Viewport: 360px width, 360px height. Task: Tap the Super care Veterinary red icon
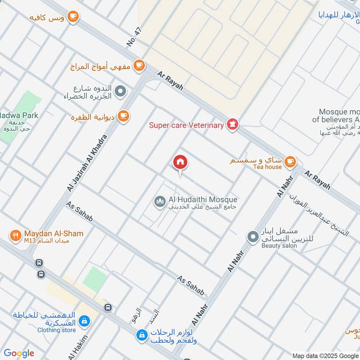pyautogui.click(x=232, y=125)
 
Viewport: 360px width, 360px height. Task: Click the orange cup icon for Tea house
pyautogui.click(x=290, y=161)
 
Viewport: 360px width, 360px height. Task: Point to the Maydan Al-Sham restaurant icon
pyautogui.click(x=16, y=235)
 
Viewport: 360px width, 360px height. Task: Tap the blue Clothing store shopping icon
pyautogui.click(x=84, y=321)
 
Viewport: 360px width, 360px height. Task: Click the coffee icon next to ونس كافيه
pyautogui.click(x=72, y=17)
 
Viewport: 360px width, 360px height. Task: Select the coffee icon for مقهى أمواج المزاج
pyautogui.click(x=139, y=66)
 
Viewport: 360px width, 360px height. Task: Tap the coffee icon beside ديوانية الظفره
pyautogui.click(x=123, y=116)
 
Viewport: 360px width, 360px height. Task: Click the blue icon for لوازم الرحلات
pyautogui.click(x=142, y=335)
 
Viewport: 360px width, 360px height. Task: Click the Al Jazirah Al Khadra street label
pyautogui.click(x=88, y=162)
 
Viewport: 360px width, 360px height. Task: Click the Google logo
pyautogui.click(x=18, y=353)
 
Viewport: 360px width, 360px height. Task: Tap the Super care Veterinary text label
pyautogui.click(x=186, y=125)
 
